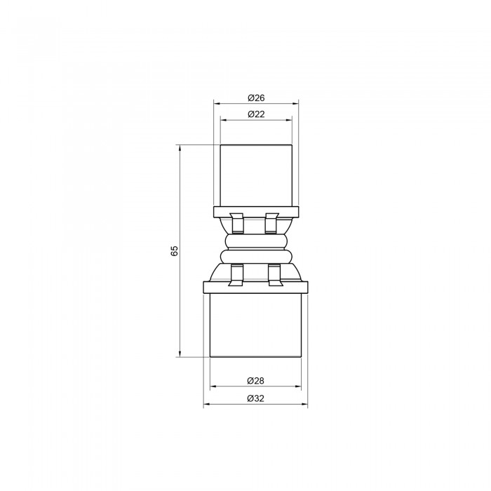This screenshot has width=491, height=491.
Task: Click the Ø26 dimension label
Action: [x=256, y=98]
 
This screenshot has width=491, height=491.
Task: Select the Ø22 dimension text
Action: [x=256, y=114]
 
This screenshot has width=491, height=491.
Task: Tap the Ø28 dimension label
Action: [x=255, y=381]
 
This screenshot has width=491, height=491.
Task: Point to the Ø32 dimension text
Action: [x=255, y=398]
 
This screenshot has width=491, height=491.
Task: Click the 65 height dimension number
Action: [x=175, y=251]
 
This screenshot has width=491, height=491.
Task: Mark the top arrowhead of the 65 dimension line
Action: [x=180, y=148]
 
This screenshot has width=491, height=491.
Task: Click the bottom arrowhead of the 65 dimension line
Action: [x=180, y=354]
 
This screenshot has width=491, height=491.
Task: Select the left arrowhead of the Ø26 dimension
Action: [x=217, y=104]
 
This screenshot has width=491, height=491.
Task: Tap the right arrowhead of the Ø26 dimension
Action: [x=295, y=104]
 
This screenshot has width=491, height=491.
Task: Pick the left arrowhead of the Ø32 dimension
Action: [x=207, y=404]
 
